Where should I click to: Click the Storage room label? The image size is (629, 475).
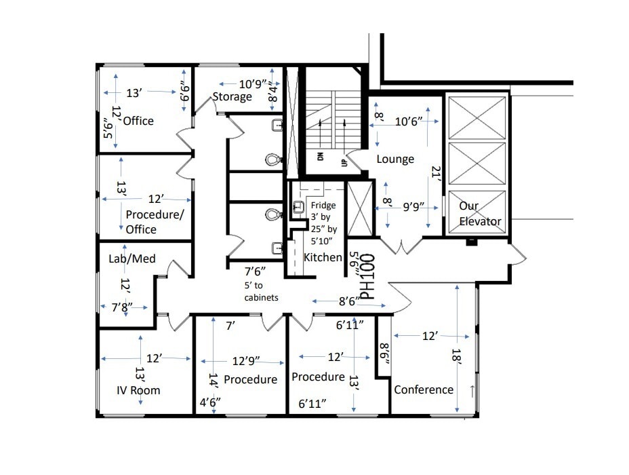coord(232,96)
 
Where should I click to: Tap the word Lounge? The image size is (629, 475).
coord(395,159)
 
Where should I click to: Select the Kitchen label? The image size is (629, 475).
coord(323,258)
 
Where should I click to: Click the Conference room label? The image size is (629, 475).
coord(424,389)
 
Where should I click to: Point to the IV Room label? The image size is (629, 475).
coord(138,390)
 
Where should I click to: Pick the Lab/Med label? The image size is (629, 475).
coord(132,259)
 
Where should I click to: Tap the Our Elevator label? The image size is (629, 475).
coord(480,213)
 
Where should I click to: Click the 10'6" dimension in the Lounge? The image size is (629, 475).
coord(409,121)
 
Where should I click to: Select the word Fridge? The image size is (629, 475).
coord(323,206)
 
